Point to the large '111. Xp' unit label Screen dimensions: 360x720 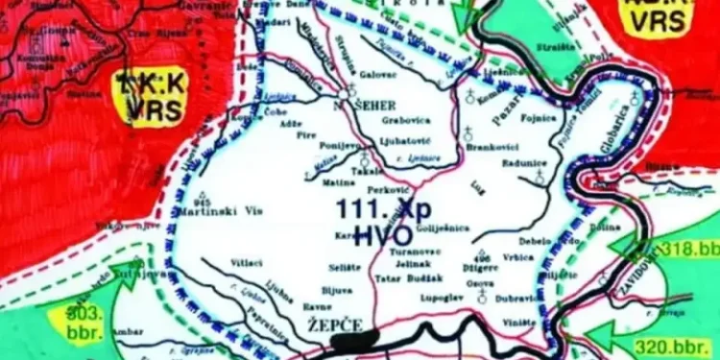(375, 206)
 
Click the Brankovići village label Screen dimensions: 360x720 (492, 149)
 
